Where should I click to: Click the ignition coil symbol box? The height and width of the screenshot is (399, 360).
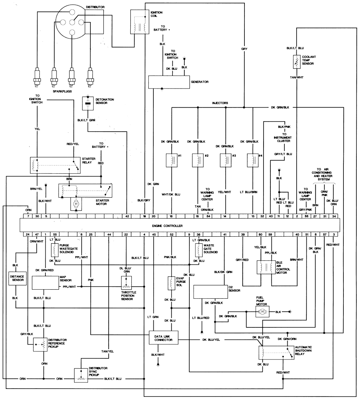click(139, 22)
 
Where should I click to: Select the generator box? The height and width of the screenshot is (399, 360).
click(169, 82)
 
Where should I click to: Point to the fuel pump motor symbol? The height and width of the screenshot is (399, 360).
click(262, 312)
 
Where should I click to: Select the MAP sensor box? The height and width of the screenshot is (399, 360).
click(45, 283)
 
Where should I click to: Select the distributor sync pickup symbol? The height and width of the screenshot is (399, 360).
click(81, 376)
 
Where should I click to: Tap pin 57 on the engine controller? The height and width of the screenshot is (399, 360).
click(325, 234)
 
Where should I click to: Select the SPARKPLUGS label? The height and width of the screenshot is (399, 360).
click(62, 91)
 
